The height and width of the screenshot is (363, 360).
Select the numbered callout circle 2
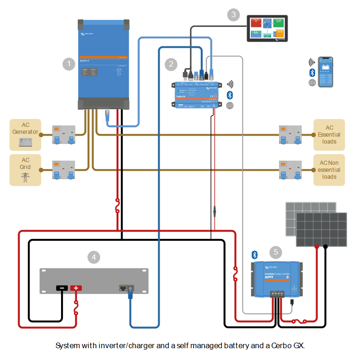tap(171, 64)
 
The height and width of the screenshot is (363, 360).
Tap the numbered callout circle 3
tap(234, 14)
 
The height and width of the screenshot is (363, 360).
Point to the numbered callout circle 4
tap(94, 257)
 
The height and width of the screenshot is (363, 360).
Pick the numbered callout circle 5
tap(276, 252)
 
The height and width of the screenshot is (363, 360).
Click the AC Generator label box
tap(25, 135)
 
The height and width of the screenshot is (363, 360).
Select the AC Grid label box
tap(25, 170)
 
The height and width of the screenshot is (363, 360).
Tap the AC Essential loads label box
tap(329, 135)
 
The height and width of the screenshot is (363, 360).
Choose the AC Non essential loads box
tap(329, 170)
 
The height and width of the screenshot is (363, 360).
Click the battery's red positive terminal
tap(76, 288)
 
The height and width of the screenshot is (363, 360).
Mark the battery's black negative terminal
tap(62, 288)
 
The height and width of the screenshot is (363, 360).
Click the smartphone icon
tap(326, 72)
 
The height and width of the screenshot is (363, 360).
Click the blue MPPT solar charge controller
tap(276, 280)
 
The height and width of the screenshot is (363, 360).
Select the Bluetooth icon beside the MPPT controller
tap(254, 255)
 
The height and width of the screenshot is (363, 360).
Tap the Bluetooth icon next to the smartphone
tap(312, 72)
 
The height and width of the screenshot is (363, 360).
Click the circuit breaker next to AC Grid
tap(64, 170)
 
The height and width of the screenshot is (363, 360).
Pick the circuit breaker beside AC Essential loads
tap(290, 135)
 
